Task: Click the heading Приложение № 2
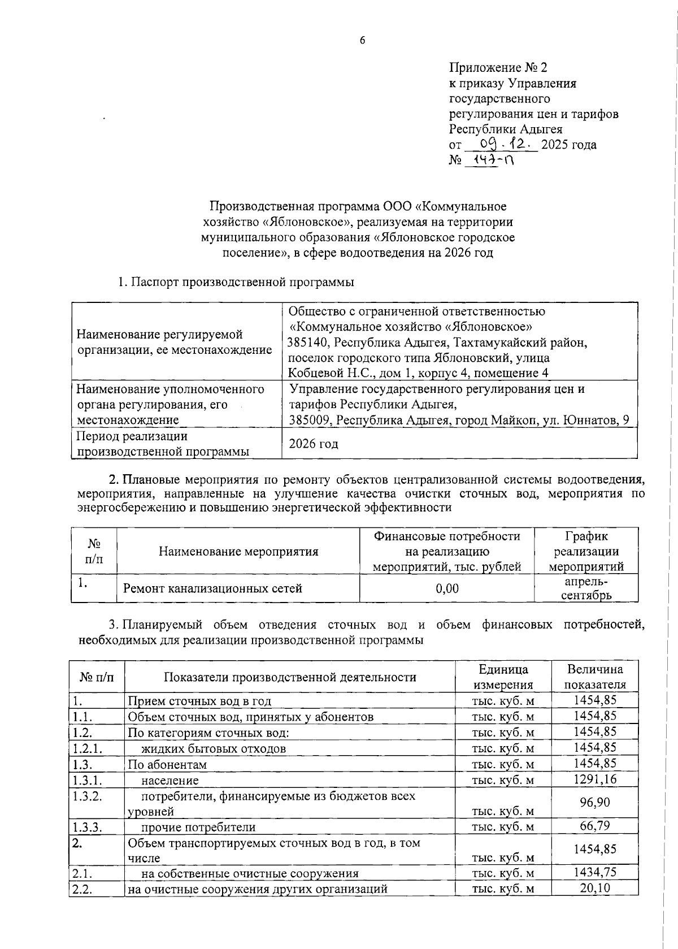498,68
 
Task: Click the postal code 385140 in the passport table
308,343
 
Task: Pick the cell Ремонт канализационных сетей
212,588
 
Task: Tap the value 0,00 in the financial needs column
447,588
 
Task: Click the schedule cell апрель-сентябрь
586,588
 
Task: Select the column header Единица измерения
503,677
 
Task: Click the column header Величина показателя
595,677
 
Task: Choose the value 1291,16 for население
595,779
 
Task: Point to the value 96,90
595,803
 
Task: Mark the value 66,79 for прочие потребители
595,826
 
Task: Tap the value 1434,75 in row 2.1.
595,872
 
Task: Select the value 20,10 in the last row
595,888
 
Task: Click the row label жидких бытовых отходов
213,749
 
